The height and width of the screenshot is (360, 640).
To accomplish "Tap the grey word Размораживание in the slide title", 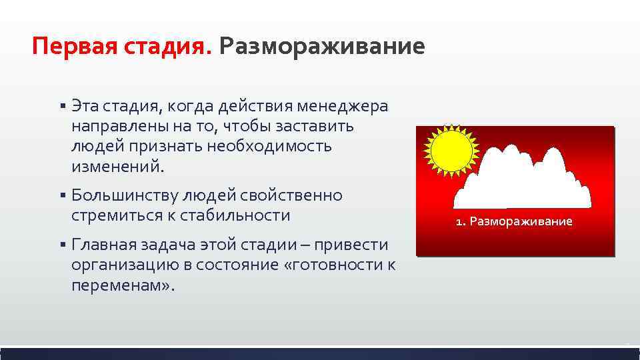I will click(321, 47).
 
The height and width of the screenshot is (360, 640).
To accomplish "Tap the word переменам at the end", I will click(119, 285).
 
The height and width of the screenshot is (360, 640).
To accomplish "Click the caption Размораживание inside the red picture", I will click(521, 221).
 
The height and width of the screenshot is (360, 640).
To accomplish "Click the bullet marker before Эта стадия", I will click(61, 107).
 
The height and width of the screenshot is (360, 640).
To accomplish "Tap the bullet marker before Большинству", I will click(61, 196).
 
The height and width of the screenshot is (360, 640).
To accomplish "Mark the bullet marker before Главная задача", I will click(61, 245).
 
